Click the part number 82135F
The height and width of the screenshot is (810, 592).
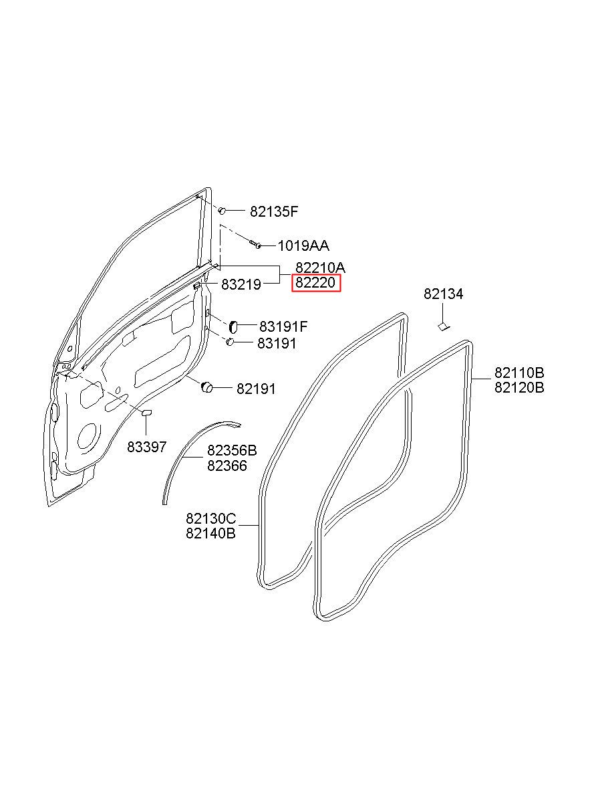tap(274, 212)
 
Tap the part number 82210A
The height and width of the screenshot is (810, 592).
tap(320, 268)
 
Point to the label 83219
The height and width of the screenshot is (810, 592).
tap(241, 284)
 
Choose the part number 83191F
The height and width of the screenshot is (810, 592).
tap(283, 327)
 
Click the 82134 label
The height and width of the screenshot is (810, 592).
tap(443, 294)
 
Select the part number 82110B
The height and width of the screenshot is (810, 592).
tap(519, 373)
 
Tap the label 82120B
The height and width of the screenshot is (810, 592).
tap(519, 387)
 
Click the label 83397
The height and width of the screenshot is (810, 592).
tap(147, 446)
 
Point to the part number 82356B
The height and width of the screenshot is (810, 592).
tap(232, 451)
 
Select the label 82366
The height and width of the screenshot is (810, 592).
tap(227, 466)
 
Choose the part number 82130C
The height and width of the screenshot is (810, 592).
tap(211, 518)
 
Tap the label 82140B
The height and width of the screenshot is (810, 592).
tap(211, 534)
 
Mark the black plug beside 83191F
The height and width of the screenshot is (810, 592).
tap(234, 326)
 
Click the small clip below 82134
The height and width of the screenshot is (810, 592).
tap(442, 326)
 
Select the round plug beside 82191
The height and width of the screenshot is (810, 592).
tap(206, 386)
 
